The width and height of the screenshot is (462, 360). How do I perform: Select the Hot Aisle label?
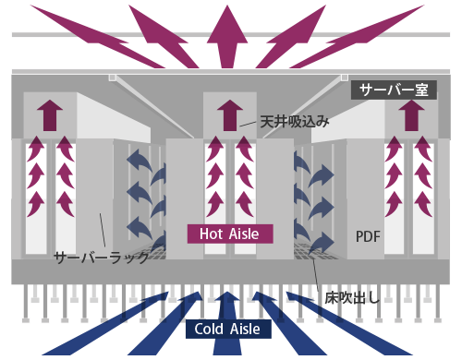(230, 234)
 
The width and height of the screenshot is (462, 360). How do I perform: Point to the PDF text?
(368, 236)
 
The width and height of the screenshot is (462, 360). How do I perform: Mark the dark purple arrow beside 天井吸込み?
(227, 115)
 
